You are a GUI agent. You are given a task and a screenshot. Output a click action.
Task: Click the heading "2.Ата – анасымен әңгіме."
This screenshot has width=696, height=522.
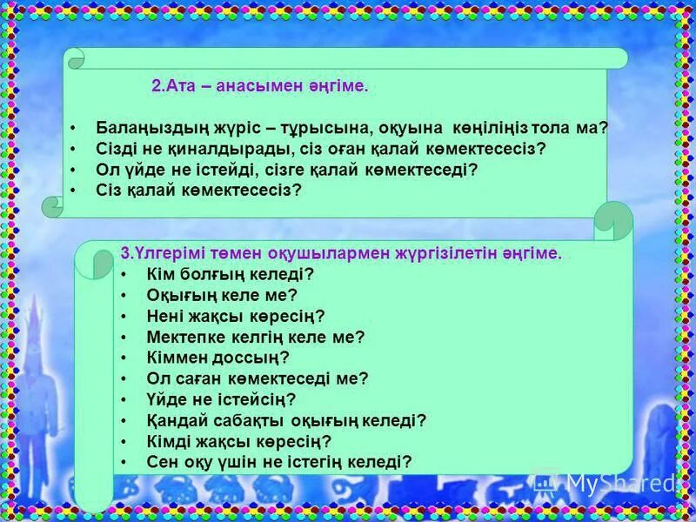click(x=260, y=86)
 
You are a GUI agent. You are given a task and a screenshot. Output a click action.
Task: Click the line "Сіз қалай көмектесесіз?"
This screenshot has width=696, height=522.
click(x=197, y=191)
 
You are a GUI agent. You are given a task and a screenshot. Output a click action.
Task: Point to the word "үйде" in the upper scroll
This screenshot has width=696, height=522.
click(x=138, y=170)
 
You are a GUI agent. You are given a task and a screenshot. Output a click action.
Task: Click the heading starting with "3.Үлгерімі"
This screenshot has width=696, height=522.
click(x=341, y=253)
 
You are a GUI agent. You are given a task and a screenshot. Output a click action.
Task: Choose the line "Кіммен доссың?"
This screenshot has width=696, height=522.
click(x=217, y=358)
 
